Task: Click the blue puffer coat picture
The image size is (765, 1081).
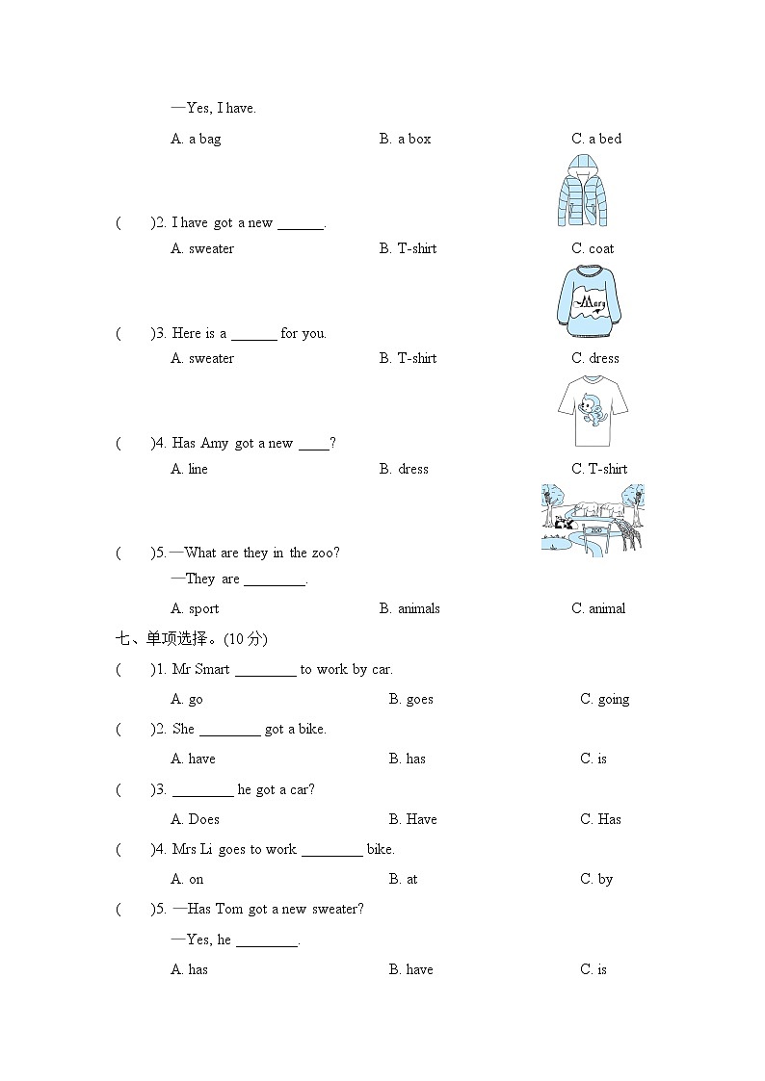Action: coord(582,191)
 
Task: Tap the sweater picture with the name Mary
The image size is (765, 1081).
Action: coord(588,301)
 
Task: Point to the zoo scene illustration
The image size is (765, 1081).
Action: coord(593,520)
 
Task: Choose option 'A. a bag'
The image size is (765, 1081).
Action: coord(196,139)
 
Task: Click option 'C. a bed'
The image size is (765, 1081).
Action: coord(596,139)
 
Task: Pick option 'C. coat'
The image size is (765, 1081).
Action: coord(593,248)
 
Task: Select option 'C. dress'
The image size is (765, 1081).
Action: coord(595,358)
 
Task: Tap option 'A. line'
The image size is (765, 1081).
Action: coord(190,469)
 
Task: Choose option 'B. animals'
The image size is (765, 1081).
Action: coord(409,608)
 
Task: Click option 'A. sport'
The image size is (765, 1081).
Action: coord(195,608)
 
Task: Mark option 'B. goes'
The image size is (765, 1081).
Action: coord(411,699)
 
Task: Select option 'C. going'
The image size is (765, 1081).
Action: coord(604,699)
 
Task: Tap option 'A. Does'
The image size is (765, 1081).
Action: coord(196,819)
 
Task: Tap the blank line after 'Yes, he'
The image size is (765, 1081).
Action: coord(267,940)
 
